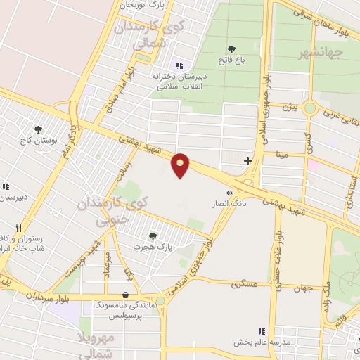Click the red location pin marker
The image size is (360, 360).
click(181, 165)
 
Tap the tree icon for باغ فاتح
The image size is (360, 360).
click(231, 49)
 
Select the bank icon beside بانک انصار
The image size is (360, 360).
click(229, 192)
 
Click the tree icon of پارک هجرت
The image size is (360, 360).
click(153, 235)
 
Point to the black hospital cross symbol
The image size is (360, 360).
click(247, 160)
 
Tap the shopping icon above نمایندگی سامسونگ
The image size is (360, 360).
click(125, 295)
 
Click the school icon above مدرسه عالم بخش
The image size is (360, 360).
click(262, 331)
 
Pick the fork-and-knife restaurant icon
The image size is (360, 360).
click(19, 228)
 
